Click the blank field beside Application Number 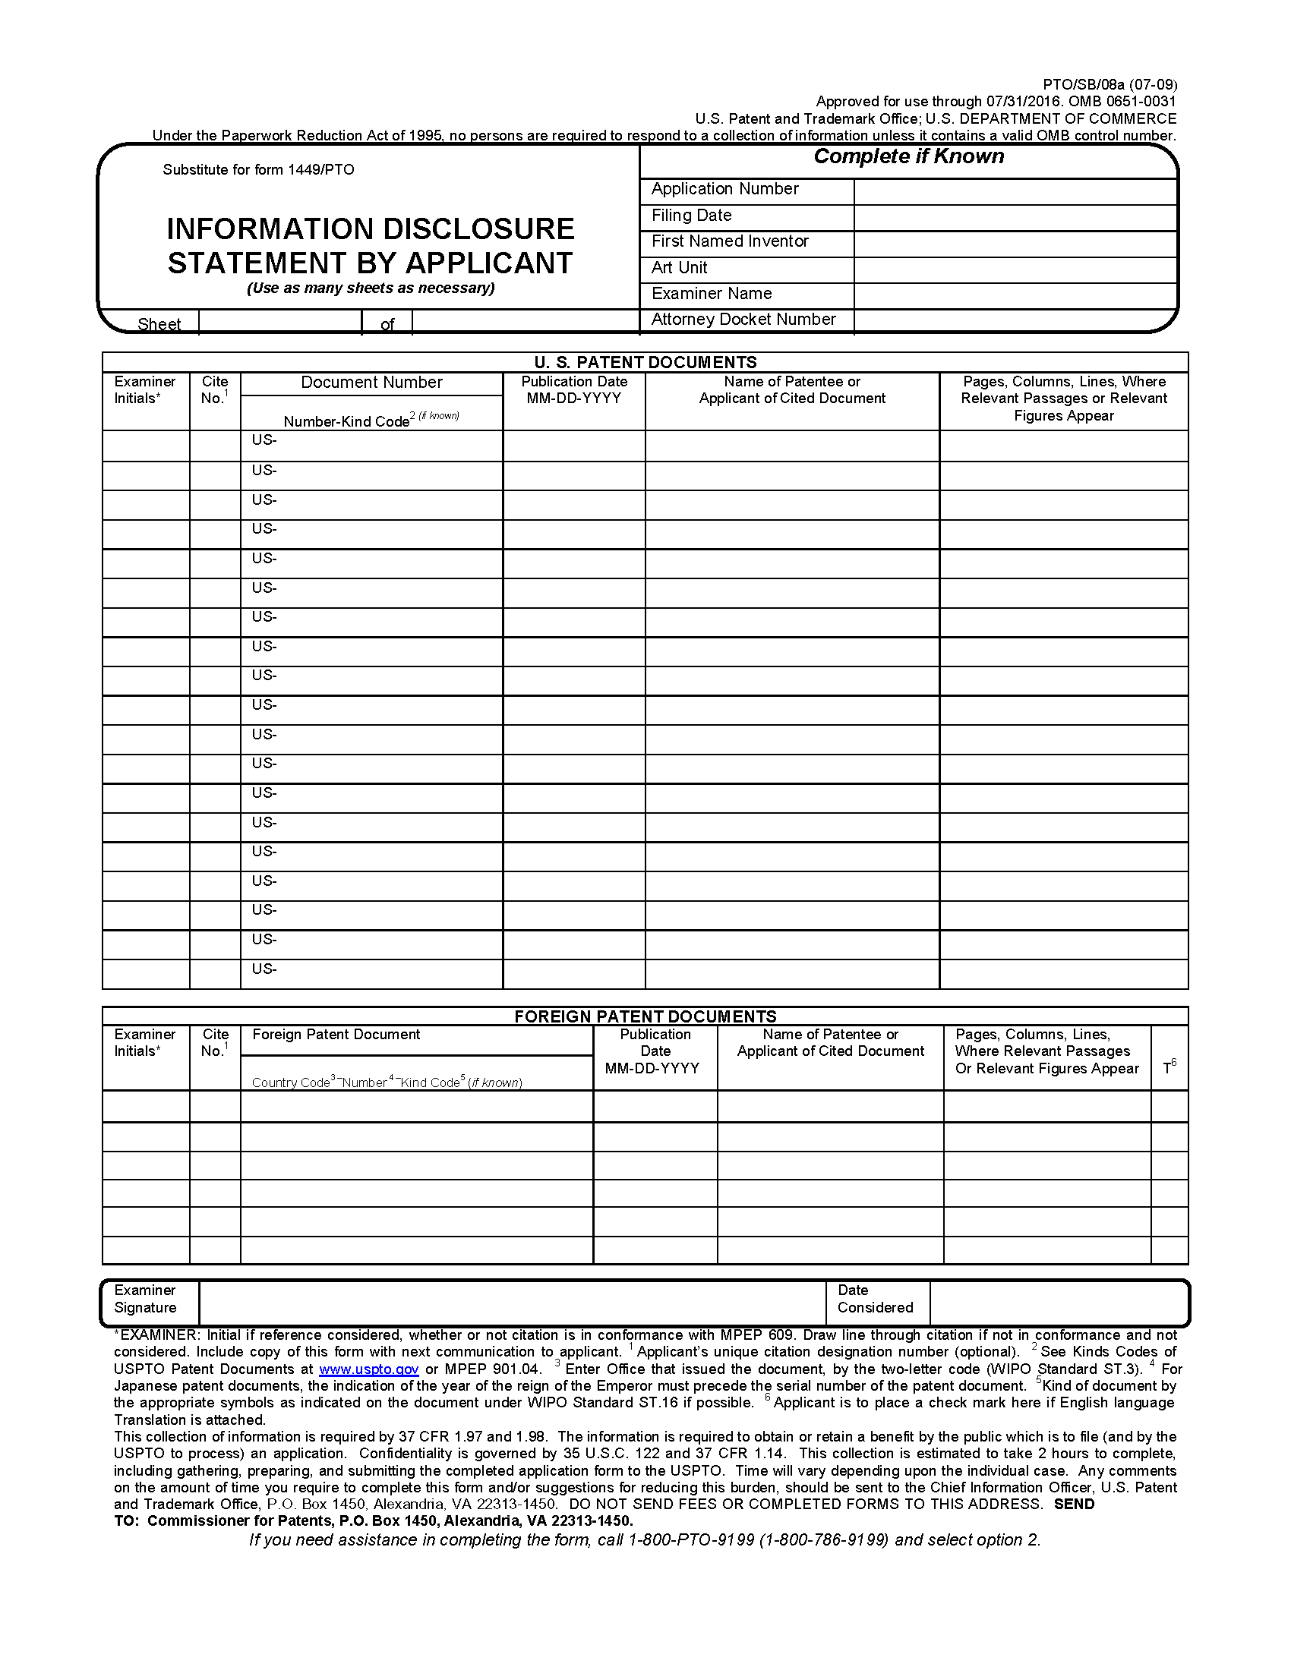(x=1014, y=191)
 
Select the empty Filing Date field (x=1014, y=217)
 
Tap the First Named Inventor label (x=730, y=241)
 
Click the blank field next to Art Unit (x=1014, y=269)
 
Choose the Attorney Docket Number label (x=743, y=320)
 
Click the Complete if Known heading (x=908, y=157)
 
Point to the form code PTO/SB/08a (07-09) (x=1110, y=84)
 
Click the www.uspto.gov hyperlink (x=368, y=1369)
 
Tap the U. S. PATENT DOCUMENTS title (x=645, y=361)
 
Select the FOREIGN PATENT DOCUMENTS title (x=645, y=1016)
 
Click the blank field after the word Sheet (x=279, y=323)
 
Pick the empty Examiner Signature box (x=512, y=1303)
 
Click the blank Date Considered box (x=1058, y=1303)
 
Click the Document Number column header (x=371, y=383)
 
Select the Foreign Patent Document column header (x=336, y=1035)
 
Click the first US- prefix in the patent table (x=264, y=440)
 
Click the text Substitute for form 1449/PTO (x=258, y=170)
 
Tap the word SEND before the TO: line (x=1074, y=1504)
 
